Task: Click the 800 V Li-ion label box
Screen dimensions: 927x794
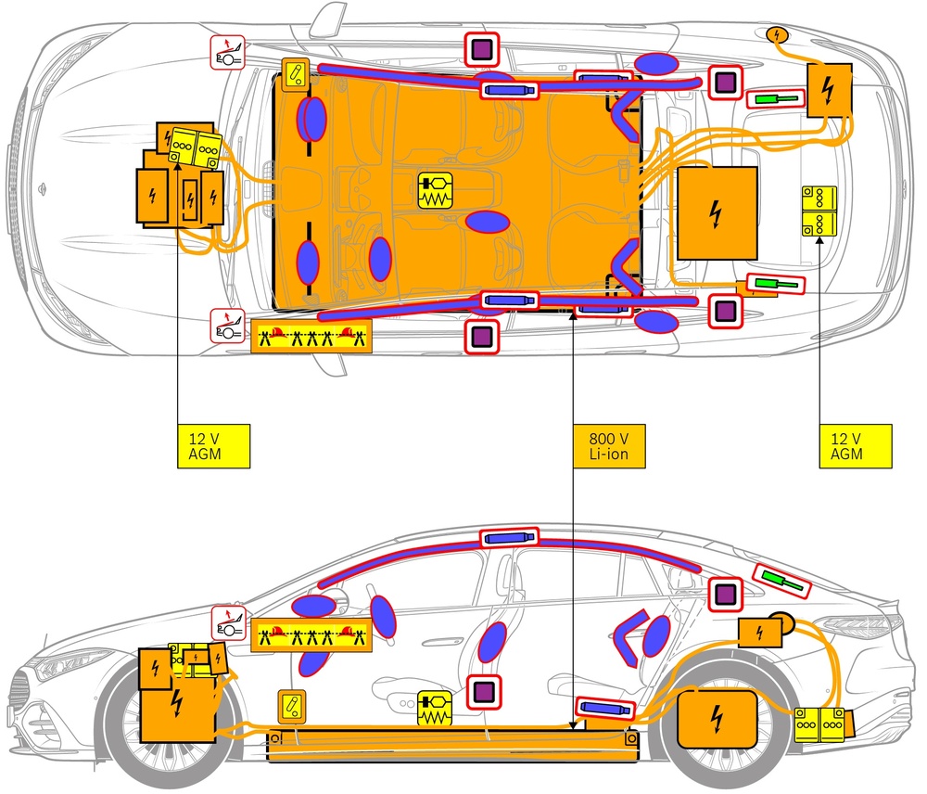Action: point(609,446)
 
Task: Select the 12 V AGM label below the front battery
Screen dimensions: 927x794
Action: point(213,446)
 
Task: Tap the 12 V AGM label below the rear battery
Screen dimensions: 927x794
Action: point(855,446)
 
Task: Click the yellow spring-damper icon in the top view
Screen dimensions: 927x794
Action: point(435,190)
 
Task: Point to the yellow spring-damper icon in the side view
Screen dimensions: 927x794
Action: point(435,709)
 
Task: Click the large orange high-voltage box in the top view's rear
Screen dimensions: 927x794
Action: point(717,213)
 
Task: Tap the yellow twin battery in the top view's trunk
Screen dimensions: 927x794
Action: point(819,211)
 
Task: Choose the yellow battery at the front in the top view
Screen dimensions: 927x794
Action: point(195,147)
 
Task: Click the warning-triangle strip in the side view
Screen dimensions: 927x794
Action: point(311,635)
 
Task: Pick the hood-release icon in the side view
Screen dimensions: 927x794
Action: point(229,623)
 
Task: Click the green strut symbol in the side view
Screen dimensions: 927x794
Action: point(781,581)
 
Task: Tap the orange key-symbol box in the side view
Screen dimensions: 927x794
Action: point(292,707)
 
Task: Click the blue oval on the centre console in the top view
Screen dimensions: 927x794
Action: point(488,222)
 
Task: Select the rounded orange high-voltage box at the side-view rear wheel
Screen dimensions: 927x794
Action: point(717,719)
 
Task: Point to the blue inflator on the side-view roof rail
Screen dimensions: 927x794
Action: point(510,538)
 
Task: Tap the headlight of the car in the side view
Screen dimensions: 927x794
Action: point(65,666)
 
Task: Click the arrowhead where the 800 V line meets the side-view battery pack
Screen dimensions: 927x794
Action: point(573,726)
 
